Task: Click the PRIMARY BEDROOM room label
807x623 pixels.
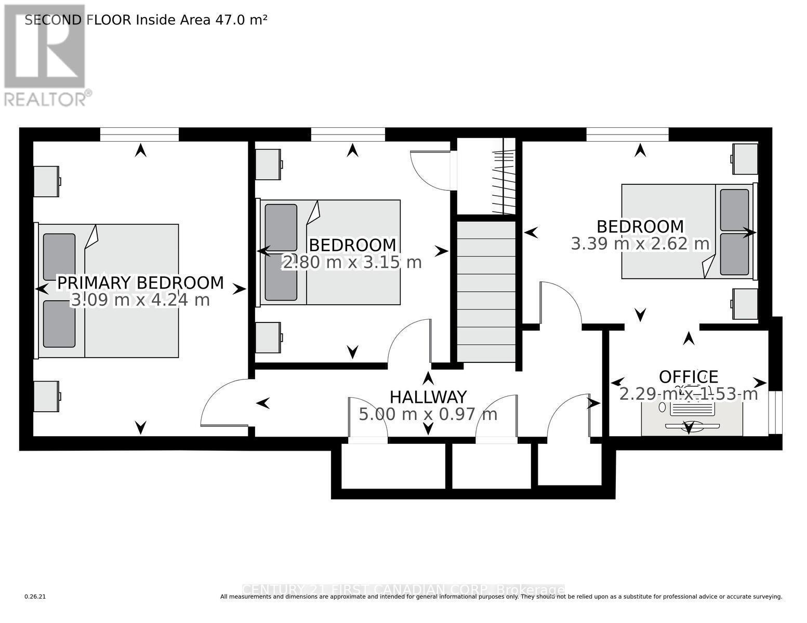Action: pos(140,283)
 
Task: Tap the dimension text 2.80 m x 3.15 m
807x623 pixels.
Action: pos(352,263)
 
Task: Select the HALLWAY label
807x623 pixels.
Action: pos(428,397)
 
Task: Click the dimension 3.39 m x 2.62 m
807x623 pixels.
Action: pos(640,243)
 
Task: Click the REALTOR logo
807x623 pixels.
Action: pos(45,55)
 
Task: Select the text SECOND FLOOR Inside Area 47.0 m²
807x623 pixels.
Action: pos(146,20)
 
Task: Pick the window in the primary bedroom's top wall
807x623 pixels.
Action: pos(139,134)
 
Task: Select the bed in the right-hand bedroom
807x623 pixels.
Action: pos(687,231)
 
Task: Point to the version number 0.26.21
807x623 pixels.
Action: pos(35,597)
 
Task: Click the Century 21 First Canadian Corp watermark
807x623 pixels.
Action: pos(403,590)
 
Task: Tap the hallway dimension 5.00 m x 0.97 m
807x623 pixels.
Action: pos(428,414)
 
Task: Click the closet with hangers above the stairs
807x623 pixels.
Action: pos(486,177)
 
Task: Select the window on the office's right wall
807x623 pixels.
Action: pos(775,412)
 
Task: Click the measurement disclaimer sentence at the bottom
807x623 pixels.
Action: pos(501,597)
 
